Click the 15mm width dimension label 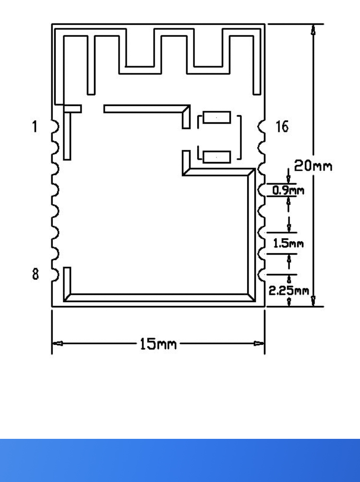[x=158, y=344]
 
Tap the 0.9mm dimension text [x=288, y=190]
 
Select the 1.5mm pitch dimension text [x=288, y=243]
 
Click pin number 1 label [x=34, y=127]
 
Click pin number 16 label [x=282, y=127]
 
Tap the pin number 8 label [x=35, y=274]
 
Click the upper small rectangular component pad [x=216, y=118]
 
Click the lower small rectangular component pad [x=216, y=157]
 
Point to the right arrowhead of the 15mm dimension [x=259, y=344]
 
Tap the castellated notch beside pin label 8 [x=55, y=274]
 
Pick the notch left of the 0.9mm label [x=262, y=190]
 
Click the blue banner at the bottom [x=180, y=460]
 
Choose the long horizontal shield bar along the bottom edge [x=158, y=297]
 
